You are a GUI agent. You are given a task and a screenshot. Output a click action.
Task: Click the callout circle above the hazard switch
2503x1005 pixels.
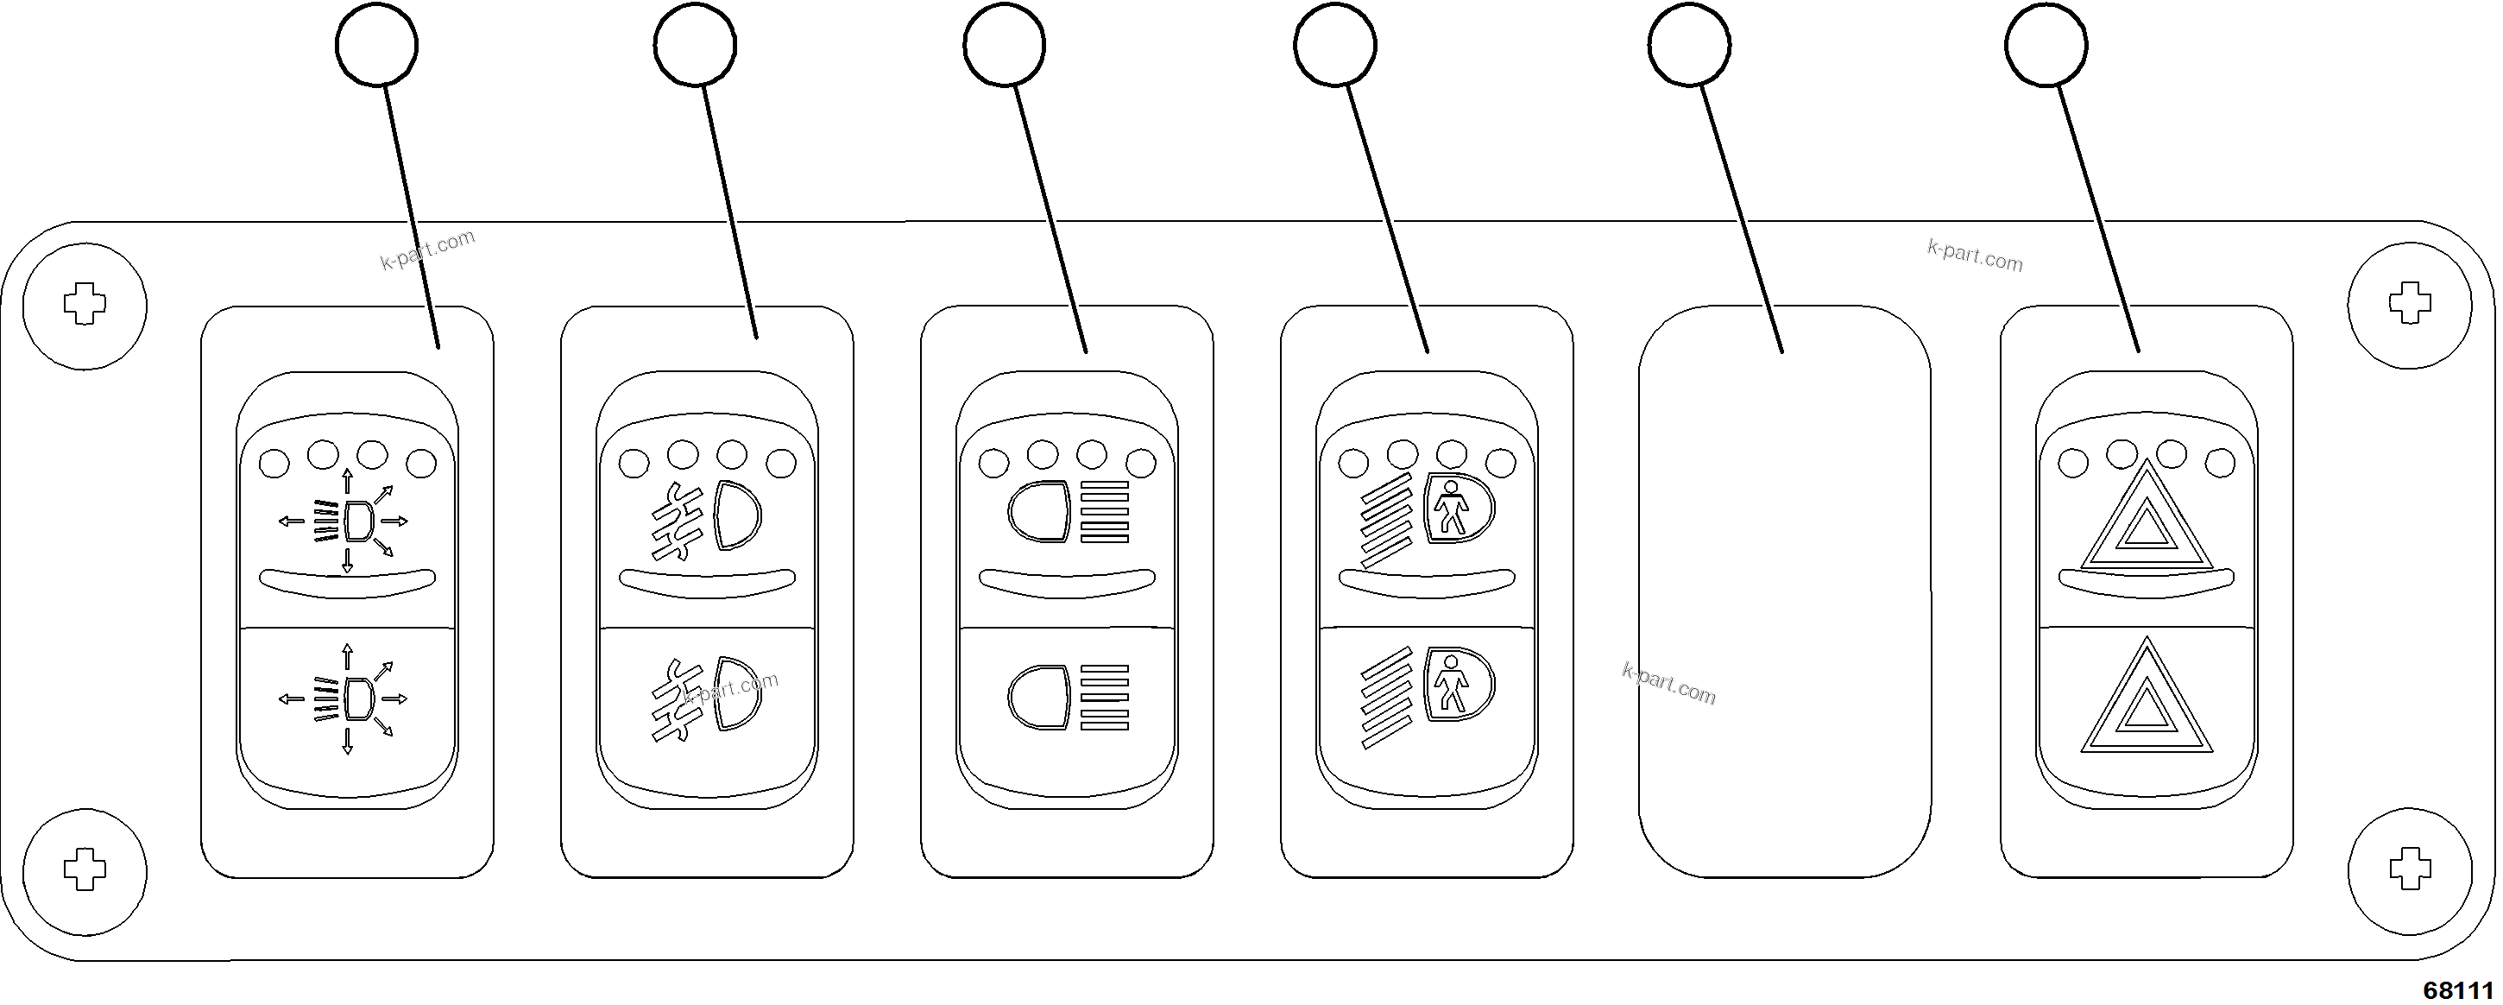point(2046,45)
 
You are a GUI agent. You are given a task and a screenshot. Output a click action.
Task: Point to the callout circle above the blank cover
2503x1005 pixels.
point(1690,45)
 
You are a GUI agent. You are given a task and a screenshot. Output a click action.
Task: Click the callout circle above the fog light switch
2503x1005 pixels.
point(695,45)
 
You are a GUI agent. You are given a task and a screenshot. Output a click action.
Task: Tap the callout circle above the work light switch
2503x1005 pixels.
point(377,45)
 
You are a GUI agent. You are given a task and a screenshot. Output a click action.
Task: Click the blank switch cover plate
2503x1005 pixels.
point(1785,592)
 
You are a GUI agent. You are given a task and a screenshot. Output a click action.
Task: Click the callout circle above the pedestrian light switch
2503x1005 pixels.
point(1335,45)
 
